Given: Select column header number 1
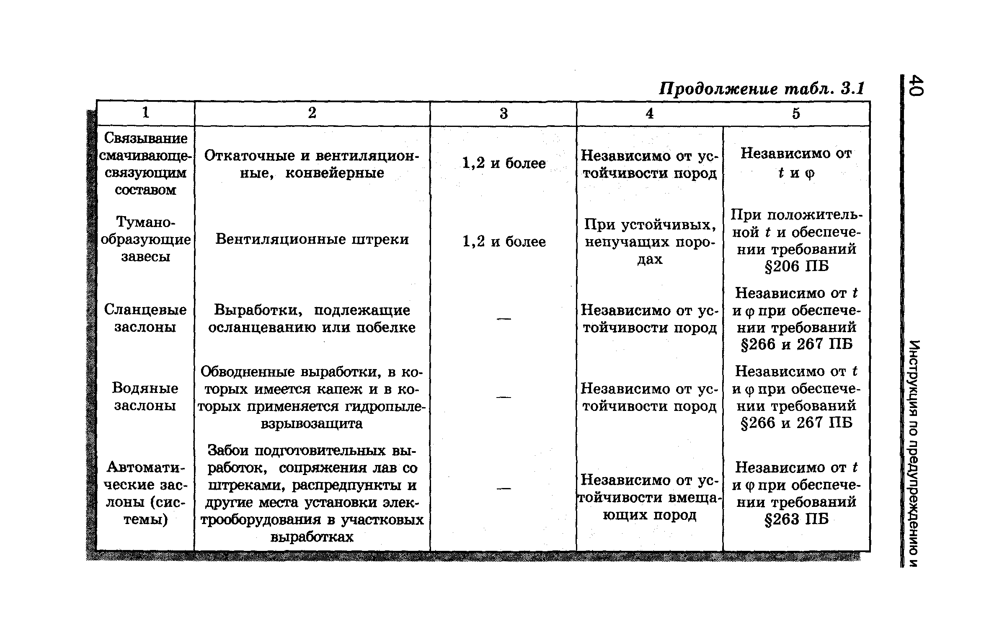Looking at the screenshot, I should click(145, 113).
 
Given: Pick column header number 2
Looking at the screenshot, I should click(312, 113).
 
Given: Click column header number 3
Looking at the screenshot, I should click(504, 114).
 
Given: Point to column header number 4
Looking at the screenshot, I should click(649, 113).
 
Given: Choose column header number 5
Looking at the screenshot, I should click(796, 113).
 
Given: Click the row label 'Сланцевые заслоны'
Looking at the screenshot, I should click(145, 318).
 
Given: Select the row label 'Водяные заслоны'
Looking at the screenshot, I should click(145, 397).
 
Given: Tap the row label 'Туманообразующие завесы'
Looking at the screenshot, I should click(145, 239).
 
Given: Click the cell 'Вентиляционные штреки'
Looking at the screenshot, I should click(312, 239).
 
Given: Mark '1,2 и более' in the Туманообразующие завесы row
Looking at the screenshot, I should click(504, 242).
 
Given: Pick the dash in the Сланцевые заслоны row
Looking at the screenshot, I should click(504, 319).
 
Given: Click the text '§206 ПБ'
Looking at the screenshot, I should click(796, 266).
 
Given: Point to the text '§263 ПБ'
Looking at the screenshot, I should click(796, 519).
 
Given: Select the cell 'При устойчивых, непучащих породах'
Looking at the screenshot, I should click(650, 242).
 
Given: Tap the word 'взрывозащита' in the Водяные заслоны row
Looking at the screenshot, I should click(312, 424).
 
